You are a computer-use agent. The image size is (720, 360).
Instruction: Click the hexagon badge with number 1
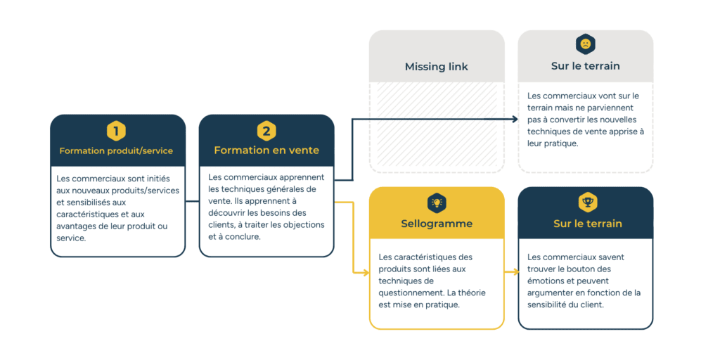pyautogui.click(x=117, y=131)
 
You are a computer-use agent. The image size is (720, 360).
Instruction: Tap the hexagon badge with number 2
pyautogui.click(x=266, y=131)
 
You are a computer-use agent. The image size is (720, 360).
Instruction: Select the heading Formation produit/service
pyautogui.click(x=116, y=150)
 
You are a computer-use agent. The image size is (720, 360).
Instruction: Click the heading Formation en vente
pyautogui.click(x=266, y=150)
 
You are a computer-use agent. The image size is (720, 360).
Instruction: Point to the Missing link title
pyautogui.click(x=436, y=67)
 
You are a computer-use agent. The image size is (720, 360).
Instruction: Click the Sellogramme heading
pyautogui.click(x=436, y=224)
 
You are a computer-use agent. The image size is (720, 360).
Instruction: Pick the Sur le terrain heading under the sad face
pyautogui.click(x=585, y=66)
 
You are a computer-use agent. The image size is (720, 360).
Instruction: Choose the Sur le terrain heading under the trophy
pyautogui.click(x=587, y=224)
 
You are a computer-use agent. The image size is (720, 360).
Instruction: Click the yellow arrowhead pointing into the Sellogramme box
pyautogui.click(x=365, y=271)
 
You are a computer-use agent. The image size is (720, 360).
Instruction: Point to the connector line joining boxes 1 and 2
pyautogui.click(x=192, y=202)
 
